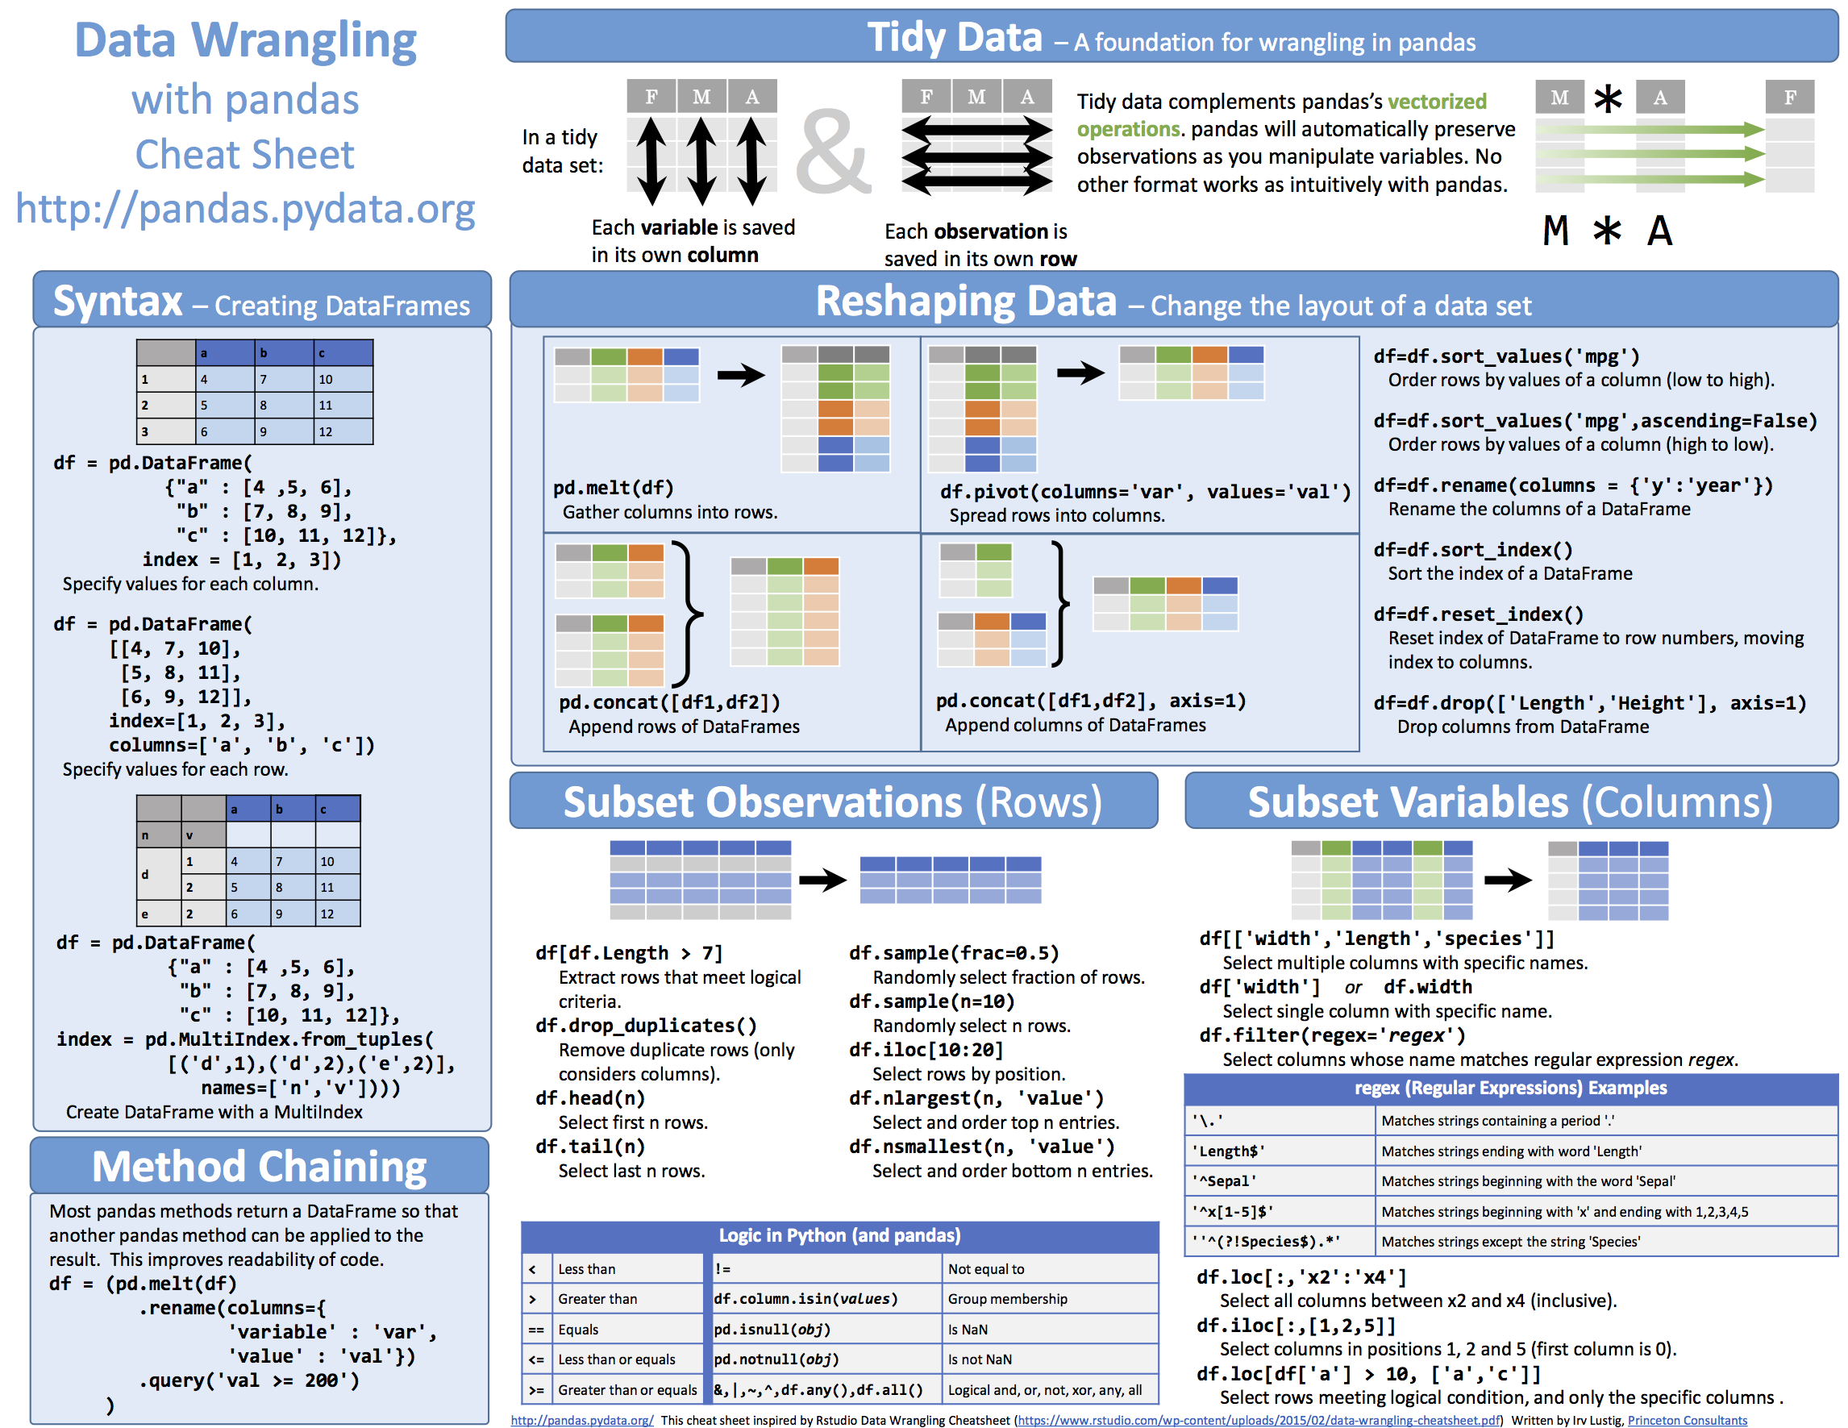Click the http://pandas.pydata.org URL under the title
[245, 209]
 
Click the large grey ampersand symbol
[832, 153]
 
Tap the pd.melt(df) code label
[613, 488]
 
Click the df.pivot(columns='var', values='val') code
[1145, 492]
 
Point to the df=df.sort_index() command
[1472, 550]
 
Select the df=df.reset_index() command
[1477, 614]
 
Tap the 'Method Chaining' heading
[259, 1167]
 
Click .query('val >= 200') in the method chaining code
[249, 1380]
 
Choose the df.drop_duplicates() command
[646, 1026]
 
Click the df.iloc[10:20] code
[926, 1050]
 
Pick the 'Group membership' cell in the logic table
[1007, 1298]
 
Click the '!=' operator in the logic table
[722, 1269]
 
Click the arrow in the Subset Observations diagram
[822, 881]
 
